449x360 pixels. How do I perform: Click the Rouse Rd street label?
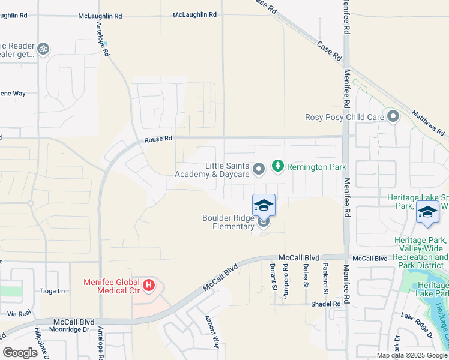pos(158,139)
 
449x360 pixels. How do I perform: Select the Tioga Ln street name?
pos(52,291)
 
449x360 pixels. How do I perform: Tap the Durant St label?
pos(273,275)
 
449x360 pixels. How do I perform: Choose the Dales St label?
pos(306,275)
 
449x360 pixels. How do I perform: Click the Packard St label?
pos(325,275)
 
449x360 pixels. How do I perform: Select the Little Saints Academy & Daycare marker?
pos(259,170)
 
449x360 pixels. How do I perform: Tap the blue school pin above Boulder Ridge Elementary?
pos(264,206)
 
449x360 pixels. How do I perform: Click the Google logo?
pos(20,353)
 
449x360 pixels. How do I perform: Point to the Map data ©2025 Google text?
pos(411,355)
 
